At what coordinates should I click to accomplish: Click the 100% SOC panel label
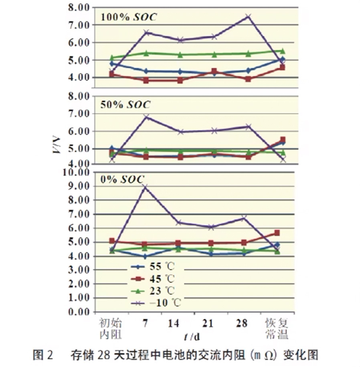(x=129, y=17)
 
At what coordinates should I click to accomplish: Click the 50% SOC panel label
(x=125, y=105)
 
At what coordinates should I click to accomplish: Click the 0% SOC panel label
(x=121, y=180)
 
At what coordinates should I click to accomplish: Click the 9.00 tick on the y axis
(x=79, y=187)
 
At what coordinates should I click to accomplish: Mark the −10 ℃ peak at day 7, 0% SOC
(x=145, y=187)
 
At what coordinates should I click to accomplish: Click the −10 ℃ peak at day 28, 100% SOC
(x=248, y=16)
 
